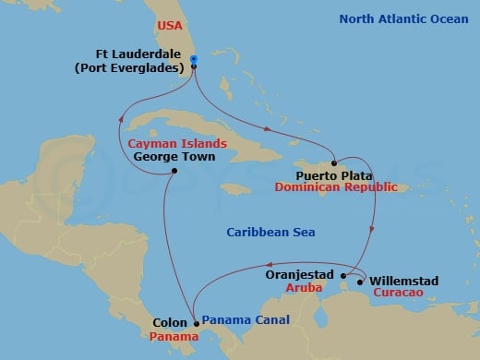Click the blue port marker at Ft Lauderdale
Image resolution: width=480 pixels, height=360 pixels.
point(194,60)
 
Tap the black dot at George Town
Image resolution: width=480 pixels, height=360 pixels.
point(174,172)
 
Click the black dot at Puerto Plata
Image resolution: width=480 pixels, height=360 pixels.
point(336,160)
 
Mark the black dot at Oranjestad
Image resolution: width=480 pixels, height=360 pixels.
point(343,275)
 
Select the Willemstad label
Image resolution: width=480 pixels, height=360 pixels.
point(403,281)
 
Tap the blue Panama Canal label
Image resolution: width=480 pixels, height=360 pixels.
point(245,320)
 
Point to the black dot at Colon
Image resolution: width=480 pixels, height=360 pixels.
point(196,323)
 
